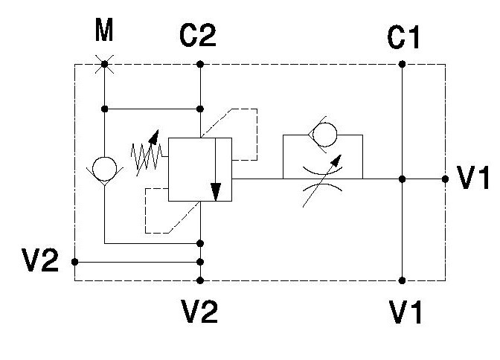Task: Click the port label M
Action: click(x=104, y=30)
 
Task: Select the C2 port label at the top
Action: click(x=198, y=36)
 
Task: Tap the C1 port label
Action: click(x=403, y=37)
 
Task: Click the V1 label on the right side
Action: click(x=473, y=178)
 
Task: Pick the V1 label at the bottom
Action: click(x=406, y=312)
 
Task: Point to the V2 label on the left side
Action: click(x=40, y=260)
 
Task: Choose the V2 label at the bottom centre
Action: click(x=199, y=311)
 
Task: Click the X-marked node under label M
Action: click(x=104, y=65)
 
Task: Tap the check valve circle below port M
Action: click(x=104, y=169)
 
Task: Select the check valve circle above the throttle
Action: click(x=324, y=135)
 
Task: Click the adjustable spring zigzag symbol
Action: click(x=147, y=155)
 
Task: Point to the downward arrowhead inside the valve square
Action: click(x=216, y=192)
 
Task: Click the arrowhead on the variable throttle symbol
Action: click(x=337, y=160)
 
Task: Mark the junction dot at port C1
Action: click(x=402, y=65)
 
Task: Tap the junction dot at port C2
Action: click(x=200, y=65)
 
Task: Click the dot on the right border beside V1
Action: click(x=445, y=179)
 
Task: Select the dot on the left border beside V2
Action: click(x=74, y=262)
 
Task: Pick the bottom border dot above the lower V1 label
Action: click(x=402, y=280)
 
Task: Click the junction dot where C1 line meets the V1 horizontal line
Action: click(x=402, y=179)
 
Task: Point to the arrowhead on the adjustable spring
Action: click(x=154, y=136)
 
